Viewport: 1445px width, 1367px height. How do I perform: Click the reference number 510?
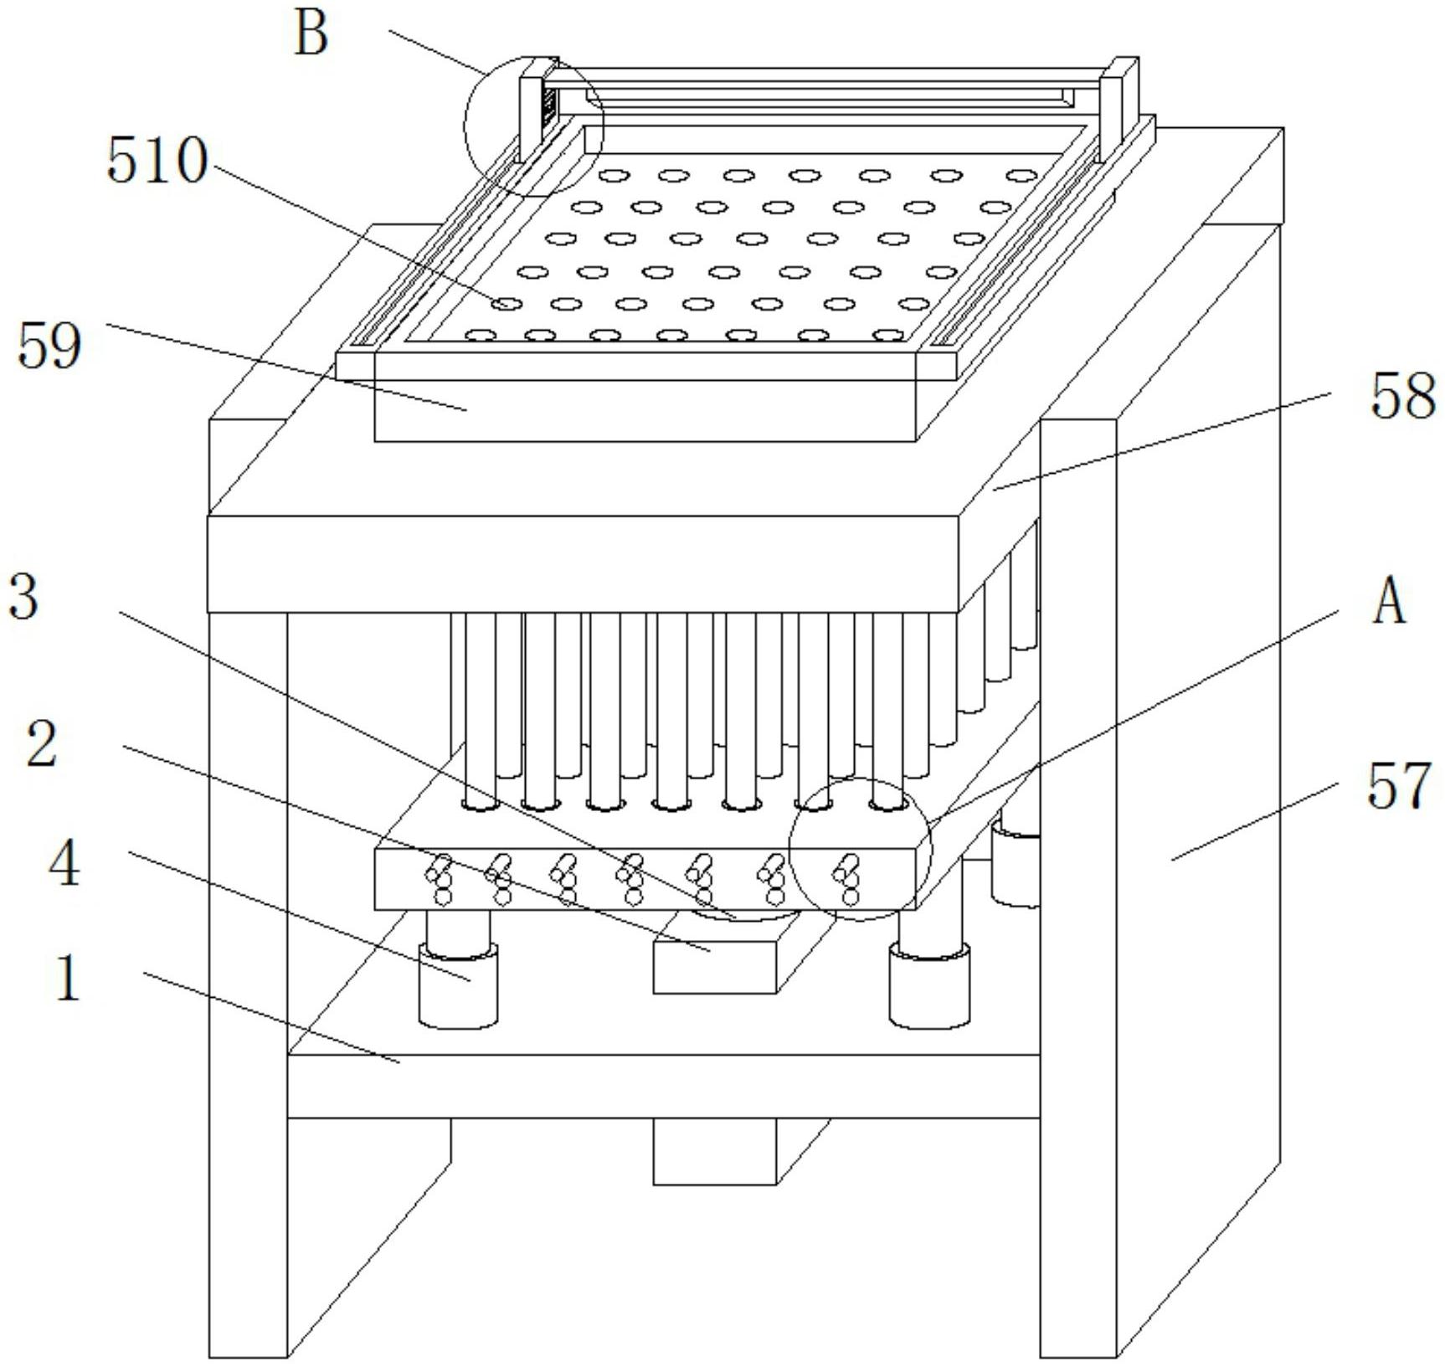[157, 161]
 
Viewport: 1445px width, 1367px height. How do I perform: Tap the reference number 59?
[49, 346]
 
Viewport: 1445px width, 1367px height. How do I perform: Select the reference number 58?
[1402, 398]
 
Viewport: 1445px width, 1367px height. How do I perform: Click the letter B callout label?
[311, 36]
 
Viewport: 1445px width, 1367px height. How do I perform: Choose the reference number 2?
[41, 743]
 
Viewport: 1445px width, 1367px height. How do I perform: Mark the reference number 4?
[64, 864]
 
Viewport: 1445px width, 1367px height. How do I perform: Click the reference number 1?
[67, 978]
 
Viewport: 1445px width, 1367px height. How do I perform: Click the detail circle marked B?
[533, 126]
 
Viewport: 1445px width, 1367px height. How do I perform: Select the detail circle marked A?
[860, 849]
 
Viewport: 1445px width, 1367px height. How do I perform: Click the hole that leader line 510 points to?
[507, 304]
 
